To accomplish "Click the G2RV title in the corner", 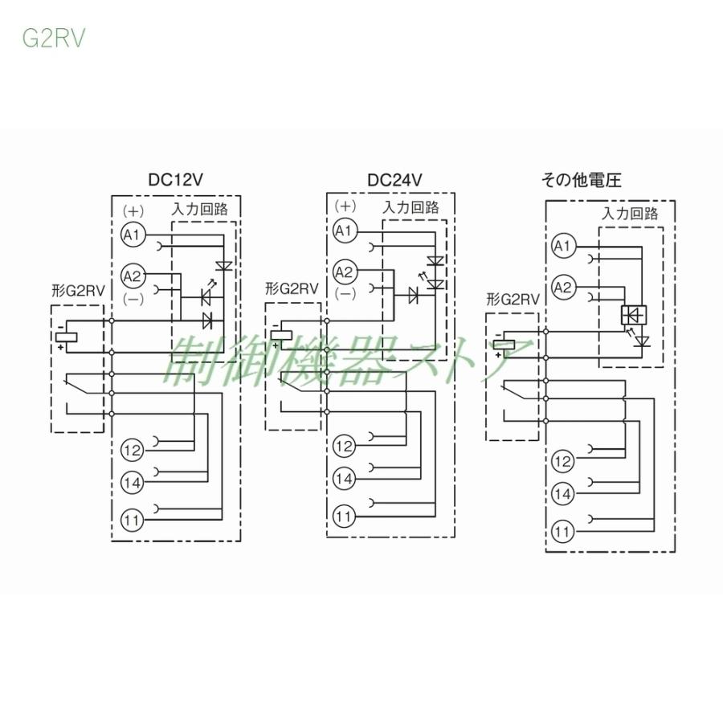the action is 54,39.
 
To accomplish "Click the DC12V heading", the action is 175,180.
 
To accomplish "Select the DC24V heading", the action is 394,180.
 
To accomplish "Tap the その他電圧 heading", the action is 582,180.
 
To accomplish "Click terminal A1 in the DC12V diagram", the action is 133,235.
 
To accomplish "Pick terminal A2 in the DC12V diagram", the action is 133,276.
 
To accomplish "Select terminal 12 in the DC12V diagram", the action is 133,450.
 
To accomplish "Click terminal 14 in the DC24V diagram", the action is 344,479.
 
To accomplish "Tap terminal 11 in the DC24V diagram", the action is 344,517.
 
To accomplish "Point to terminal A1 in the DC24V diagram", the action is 345,231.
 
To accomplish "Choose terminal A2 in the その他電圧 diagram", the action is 563,288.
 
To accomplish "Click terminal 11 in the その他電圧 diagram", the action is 562,533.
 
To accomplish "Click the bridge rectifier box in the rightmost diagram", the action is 634,315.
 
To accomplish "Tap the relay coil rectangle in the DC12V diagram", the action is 67,337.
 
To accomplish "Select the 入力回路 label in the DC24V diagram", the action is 411,207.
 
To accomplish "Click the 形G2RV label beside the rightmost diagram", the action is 513,300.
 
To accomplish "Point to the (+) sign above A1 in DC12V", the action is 133,211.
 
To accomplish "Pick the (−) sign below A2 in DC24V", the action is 345,294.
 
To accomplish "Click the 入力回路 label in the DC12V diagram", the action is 200,209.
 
